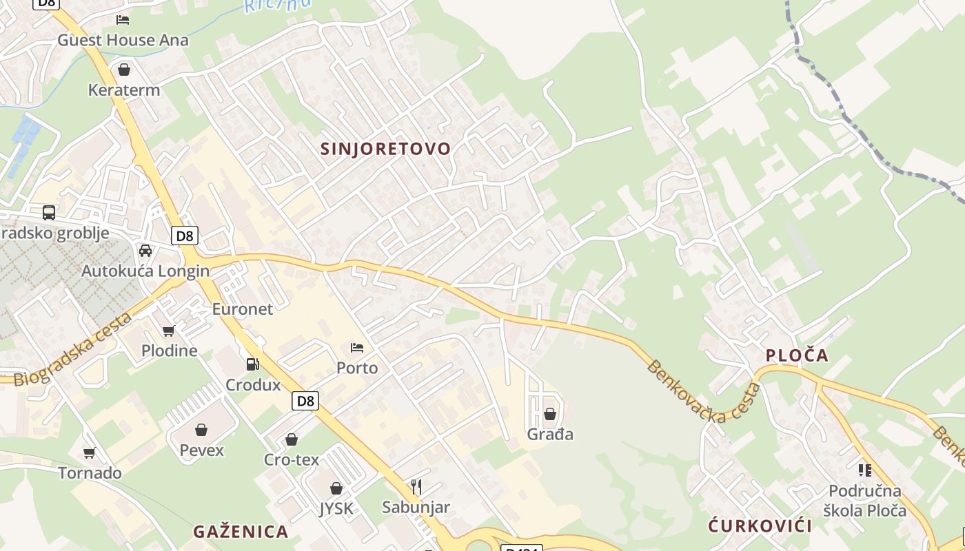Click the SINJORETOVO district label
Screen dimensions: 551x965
(x=385, y=149)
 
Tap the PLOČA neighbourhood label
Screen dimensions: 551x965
(x=797, y=355)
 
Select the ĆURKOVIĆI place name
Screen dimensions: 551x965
(x=760, y=526)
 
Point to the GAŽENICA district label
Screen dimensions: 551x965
(x=241, y=532)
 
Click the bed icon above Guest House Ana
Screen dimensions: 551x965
(x=123, y=19)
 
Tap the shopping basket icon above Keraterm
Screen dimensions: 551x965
(x=124, y=70)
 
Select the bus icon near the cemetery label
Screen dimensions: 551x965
(x=48, y=212)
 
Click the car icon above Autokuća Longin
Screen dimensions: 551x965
(x=145, y=251)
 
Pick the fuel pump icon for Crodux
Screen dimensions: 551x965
(x=253, y=364)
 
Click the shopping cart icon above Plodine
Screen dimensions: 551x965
(x=169, y=331)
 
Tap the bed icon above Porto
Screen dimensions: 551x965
(x=357, y=347)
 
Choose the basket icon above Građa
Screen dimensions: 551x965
(x=550, y=414)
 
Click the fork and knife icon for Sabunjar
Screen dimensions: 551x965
(x=416, y=488)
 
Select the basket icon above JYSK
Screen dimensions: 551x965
(x=336, y=488)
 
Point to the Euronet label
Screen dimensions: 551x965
(x=243, y=309)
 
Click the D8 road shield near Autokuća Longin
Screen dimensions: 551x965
(x=185, y=236)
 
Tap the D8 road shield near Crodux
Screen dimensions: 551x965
(x=305, y=401)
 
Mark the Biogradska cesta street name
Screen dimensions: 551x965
(x=72, y=350)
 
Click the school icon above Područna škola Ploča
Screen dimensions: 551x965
(x=864, y=470)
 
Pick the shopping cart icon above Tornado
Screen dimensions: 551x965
(x=90, y=453)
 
